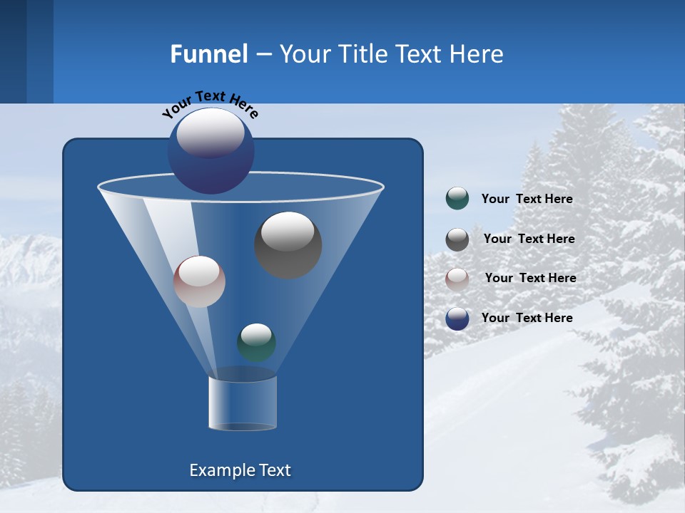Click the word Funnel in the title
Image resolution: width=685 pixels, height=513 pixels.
pos(208,54)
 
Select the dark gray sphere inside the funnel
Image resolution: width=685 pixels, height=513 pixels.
pos(288,246)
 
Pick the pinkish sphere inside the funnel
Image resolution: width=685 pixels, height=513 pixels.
pos(199,282)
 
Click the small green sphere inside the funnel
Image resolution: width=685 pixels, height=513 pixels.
pos(256,343)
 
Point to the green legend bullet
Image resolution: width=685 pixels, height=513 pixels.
pos(457,199)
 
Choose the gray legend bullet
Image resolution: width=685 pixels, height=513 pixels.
pos(457,239)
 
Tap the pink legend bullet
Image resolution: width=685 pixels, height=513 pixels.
pos(457,279)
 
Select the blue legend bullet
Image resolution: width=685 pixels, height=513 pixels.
pos(457,318)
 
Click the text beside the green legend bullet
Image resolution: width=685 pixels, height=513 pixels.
pos(527,199)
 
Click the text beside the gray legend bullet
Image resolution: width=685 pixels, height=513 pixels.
pos(529,239)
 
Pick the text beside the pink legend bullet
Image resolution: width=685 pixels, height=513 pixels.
pos(530,278)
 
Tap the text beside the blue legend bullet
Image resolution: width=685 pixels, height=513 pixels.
pos(527,318)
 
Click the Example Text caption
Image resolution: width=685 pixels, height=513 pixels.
pos(240,470)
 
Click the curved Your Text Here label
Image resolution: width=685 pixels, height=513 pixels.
pos(210,103)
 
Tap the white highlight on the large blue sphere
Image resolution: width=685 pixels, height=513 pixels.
pos(210,133)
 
